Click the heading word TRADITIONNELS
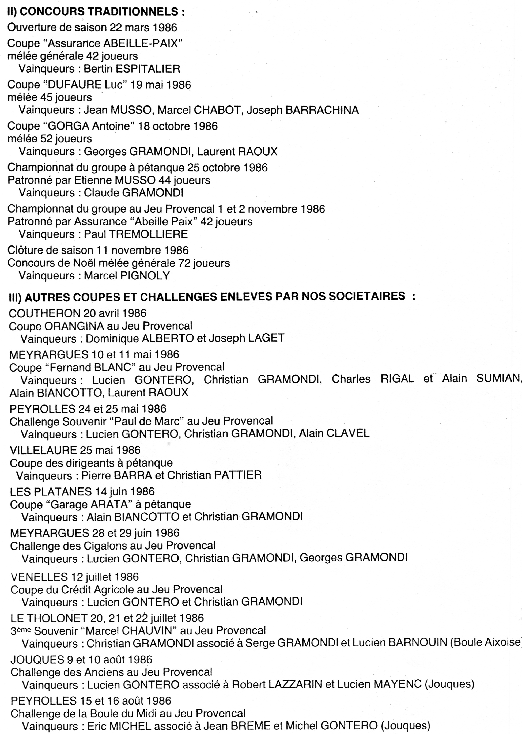click(x=134, y=12)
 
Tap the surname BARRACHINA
click(x=322, y=110)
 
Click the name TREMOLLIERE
click(x=148, y=234)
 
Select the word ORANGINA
click(x=74, y=326)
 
